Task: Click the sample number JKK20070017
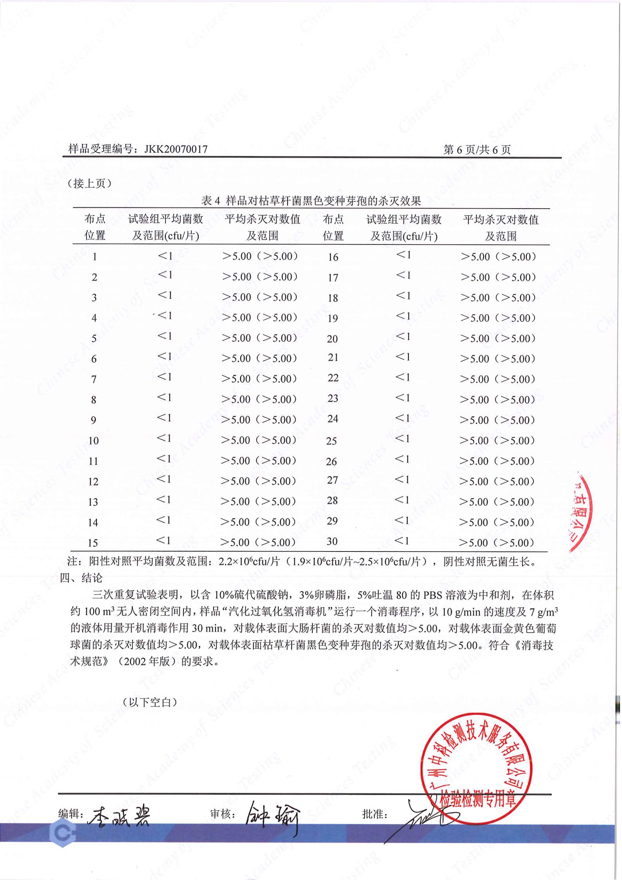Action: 176,149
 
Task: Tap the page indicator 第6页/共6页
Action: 477,149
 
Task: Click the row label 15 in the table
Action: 93,543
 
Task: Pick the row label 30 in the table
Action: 332,541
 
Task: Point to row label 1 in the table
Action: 94,257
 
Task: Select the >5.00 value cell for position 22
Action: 497,379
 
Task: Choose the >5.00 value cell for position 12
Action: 258,481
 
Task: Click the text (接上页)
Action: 90,183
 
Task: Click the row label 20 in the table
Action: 332,339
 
